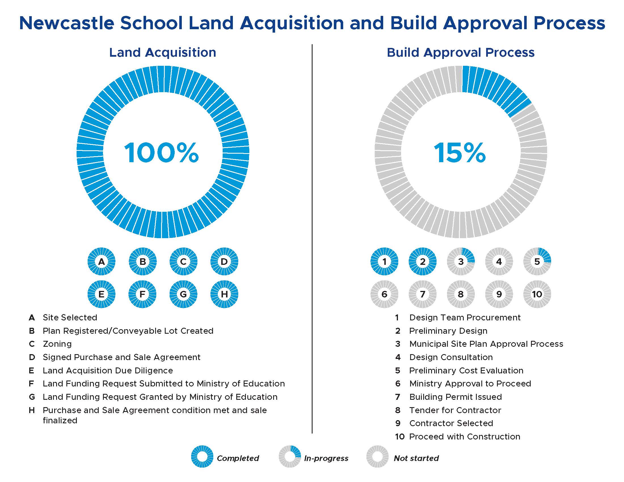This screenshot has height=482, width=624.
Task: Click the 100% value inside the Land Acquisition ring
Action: point(161,153)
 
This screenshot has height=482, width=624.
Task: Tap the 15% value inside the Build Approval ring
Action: point(460,153)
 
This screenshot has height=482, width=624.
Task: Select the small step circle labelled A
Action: point(102,261)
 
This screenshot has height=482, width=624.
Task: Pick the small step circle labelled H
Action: point(224,294)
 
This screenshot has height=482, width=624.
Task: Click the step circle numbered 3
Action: point(461,261)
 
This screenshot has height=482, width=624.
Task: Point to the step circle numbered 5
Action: point(537,261)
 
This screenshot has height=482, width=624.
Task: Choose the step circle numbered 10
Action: point(537,294)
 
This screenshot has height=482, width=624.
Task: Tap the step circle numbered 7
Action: point(422,294)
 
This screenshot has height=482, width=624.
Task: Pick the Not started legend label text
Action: point(416,458)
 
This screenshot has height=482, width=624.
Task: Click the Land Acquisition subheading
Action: point(163,52)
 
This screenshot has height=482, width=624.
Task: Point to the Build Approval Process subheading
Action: point(461,52)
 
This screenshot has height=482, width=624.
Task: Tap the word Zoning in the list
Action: point(57,344)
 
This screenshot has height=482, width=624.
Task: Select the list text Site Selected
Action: point(70,318)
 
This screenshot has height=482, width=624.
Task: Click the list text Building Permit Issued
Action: point(456,397)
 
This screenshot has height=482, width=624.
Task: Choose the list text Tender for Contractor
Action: point(455,410)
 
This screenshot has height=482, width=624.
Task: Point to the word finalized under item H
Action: point(60,420)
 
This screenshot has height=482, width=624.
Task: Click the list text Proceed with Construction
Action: point(465,437)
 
